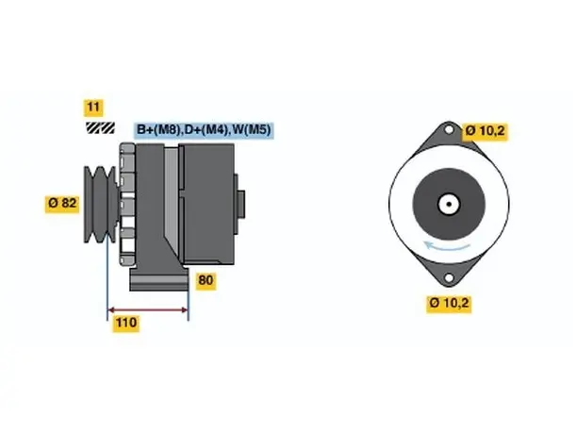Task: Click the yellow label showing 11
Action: [x=93, y=108]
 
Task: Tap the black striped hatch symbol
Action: [x=100, y=127]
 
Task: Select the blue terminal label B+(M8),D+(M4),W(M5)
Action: [x=204, y=130]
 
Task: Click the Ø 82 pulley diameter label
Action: [x=62, y=203]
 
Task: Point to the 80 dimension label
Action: [x=206, y=280]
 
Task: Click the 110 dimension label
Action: [x=126, y=323]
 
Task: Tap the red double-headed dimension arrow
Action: [x=148, y=309]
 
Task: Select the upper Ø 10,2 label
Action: [x=485, y=131]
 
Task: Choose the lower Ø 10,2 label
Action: [x=449, y=304]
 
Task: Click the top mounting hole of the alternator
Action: [x=449, y=129]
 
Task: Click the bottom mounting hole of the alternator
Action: [x=449, y=277]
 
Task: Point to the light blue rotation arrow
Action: [x=447, y=245]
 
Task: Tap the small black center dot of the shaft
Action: [x=449, y=204]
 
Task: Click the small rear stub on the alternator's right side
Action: [x=241, y=204]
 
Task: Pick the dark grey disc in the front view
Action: [x=449, y=204]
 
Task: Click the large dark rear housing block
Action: [x=208, y=204]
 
